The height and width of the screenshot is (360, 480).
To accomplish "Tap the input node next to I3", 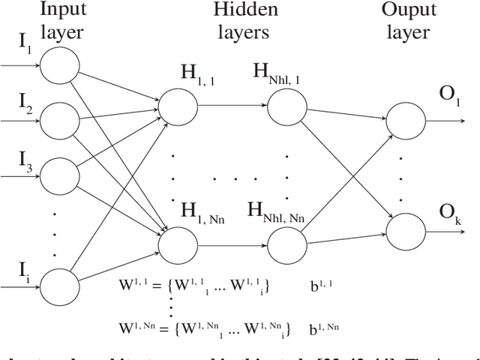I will point(58,173).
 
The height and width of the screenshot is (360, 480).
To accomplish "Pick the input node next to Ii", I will point(58,286).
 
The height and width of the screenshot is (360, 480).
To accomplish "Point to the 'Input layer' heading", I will point(62,21).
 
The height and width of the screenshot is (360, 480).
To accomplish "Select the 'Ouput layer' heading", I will point(405,21).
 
